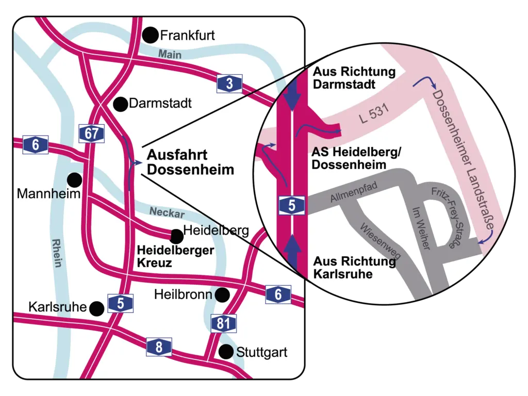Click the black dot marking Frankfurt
coord(151,35)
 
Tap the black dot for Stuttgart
coord(226,352)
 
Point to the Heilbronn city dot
coord(222,294)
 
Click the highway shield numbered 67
coord(92,134)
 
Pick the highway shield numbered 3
coord(229,84)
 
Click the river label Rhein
coord(56,252)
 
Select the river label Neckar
coord(167,211)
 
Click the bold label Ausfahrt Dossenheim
coord(190,162)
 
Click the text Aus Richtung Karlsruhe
coord(355,267)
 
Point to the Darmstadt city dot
coord(121,104)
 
